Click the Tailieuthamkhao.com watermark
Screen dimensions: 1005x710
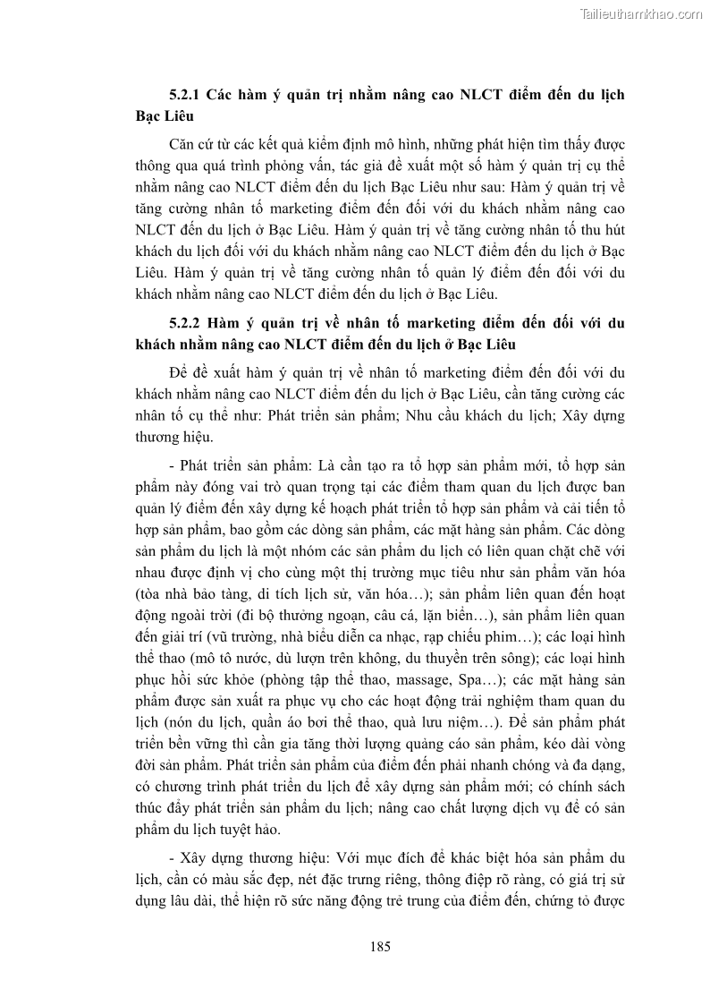coord(641,13)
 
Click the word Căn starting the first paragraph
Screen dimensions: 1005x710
coord(182,145)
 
